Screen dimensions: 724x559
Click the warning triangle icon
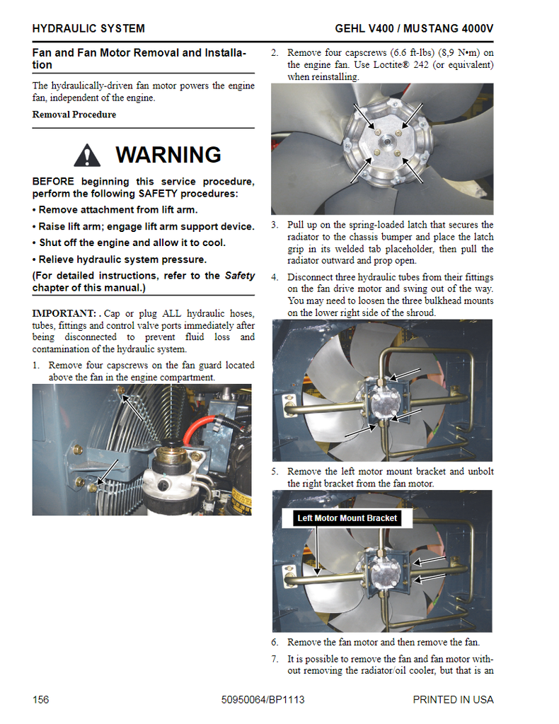(x=87, y=155)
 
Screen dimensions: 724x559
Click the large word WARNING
(x=168, y=155)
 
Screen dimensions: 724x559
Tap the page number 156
(x=40, y=700)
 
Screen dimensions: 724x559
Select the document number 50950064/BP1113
(x=263, y=700)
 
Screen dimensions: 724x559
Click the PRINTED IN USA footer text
(x=453, y=700)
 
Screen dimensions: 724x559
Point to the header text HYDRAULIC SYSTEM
(x=88, y=29)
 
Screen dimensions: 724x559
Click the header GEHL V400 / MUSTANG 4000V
(x=414, y=29)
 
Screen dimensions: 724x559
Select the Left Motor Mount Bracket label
(x=347, y=518)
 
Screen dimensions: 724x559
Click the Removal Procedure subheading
(x=74, y=115)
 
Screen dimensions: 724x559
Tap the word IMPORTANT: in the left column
(x=64, y=313)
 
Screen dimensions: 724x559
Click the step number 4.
(x=275, y=278)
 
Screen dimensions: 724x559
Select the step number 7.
(x=275, y=659)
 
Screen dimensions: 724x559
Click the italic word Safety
(x=240, y=276)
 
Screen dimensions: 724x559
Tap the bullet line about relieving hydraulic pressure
(x=119, y=259)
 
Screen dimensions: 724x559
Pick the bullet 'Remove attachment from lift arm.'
(x=115, y=210)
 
